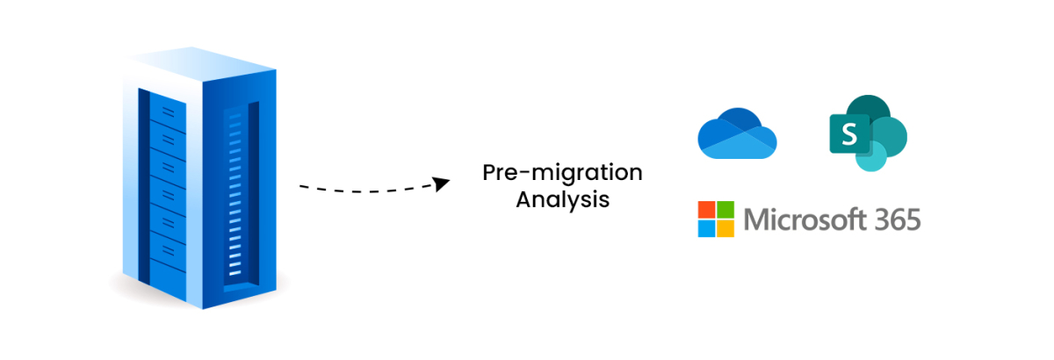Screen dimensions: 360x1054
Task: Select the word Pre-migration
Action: click(562, 172)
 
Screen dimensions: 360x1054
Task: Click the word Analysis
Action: click(562, 199)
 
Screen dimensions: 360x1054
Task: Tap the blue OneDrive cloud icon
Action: click(737, 133)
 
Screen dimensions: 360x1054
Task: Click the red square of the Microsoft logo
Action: click(706, 210)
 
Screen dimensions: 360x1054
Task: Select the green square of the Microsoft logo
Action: click(725, 210)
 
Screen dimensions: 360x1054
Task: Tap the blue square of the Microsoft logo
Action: click(706, 228)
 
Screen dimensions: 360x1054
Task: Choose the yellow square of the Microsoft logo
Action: click(725, 228)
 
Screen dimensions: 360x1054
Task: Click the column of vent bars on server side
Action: click(235, 193)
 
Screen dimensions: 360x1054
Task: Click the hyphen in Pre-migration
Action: click(523, 174)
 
